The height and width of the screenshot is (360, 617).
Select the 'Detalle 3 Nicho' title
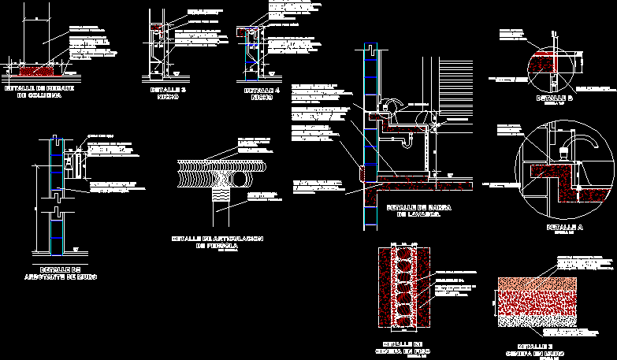[x=167, y=94]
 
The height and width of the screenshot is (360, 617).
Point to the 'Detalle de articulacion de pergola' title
[x=217, y=242]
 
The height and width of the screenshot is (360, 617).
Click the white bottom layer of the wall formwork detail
[x=537, y=318]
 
